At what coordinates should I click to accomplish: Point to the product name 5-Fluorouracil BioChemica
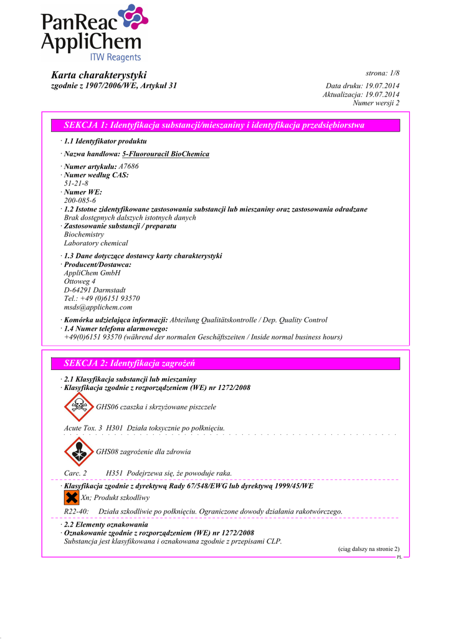(x=166, y=154)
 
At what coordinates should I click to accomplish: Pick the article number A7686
(x=128, y=167)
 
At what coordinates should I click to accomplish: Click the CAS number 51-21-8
(x=76, y=183)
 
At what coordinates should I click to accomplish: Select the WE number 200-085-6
(x=80, y=200)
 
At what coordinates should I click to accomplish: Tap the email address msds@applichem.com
(x=98, y=307)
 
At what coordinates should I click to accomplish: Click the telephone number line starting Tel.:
(x=102, y=298)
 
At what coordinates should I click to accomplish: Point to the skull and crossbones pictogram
(x=78, y=407)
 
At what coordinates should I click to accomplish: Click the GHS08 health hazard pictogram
(x=78, y=451)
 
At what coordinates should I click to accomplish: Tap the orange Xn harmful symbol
(x=72, y=497)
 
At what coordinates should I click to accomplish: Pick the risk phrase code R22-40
(x=76, y=511)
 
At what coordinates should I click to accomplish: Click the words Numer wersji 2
(x=376, y=102)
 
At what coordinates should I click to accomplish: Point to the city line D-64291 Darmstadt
(x=95, y=290)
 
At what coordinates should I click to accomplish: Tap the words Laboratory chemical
(x=96, y=243)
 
